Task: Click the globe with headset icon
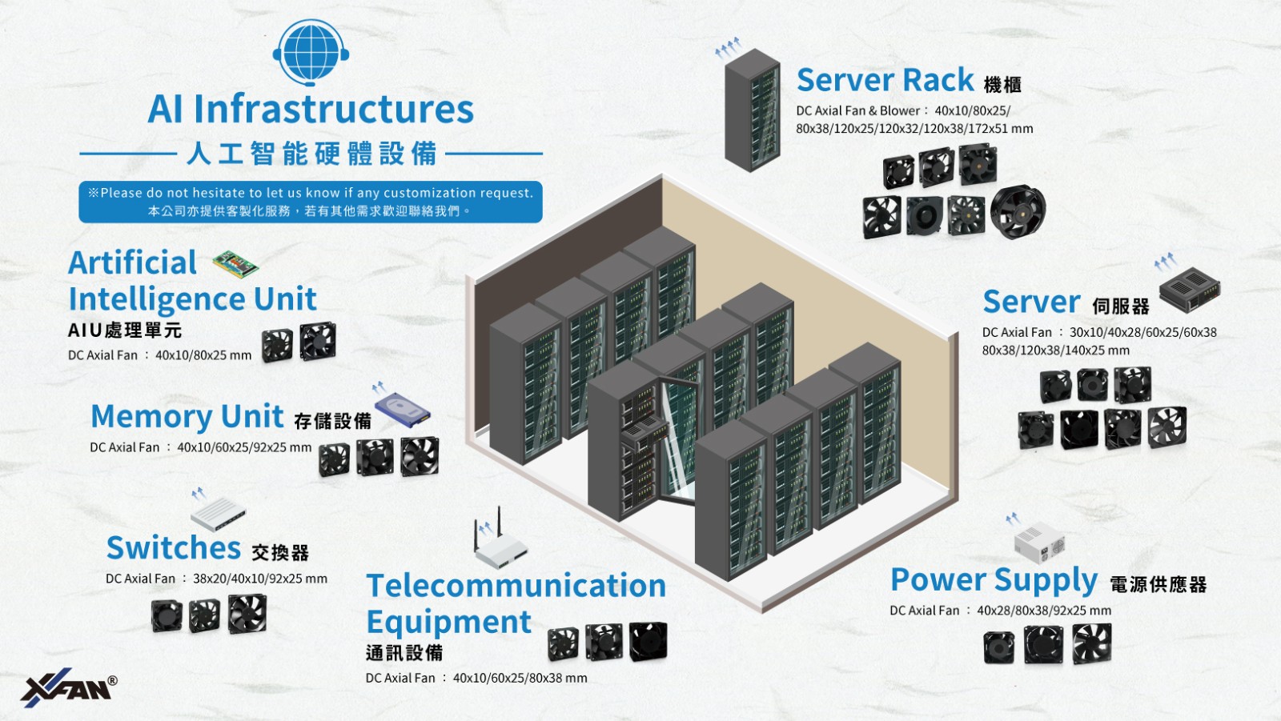310,52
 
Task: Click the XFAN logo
68,687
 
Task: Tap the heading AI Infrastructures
311,109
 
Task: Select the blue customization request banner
311,202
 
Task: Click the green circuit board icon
235,263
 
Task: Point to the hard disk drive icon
403,409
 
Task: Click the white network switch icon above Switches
218,513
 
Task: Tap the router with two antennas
500,544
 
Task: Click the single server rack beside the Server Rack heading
753,110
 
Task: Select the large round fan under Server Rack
1018,212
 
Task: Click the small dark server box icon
1190,289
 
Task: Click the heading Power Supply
994,580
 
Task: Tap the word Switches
174,548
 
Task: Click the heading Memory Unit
187,417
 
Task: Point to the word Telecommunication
516,586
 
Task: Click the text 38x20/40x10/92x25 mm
260,579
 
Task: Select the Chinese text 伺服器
1121,306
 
